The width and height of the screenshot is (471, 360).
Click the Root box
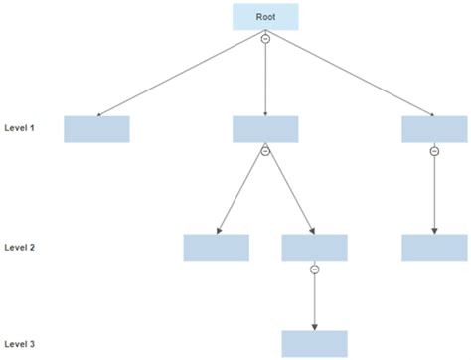tap(265, 17)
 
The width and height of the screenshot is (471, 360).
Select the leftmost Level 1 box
tap(96, 129)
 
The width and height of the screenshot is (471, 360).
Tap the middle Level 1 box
tap(265, 129)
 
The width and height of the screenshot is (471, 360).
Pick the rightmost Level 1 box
tap(434, 129)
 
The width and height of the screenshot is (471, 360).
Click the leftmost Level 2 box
tap(216, 247)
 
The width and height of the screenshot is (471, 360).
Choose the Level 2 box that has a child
tap(315, 247)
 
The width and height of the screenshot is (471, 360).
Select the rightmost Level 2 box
tap(434, 247)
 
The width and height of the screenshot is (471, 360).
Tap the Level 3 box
tap(315, 343)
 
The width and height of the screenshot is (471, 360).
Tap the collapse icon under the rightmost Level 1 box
tap(434, 151)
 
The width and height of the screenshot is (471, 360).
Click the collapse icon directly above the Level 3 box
tap(315, 269)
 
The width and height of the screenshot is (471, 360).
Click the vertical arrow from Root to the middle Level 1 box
tap(265, 80)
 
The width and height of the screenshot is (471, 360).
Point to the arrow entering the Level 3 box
tap(315, 303)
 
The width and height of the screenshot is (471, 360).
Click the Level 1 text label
tap(20, 128)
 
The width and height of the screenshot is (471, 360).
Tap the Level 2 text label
tap(20, 246)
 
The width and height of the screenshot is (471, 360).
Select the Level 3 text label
tap(20, 344)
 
